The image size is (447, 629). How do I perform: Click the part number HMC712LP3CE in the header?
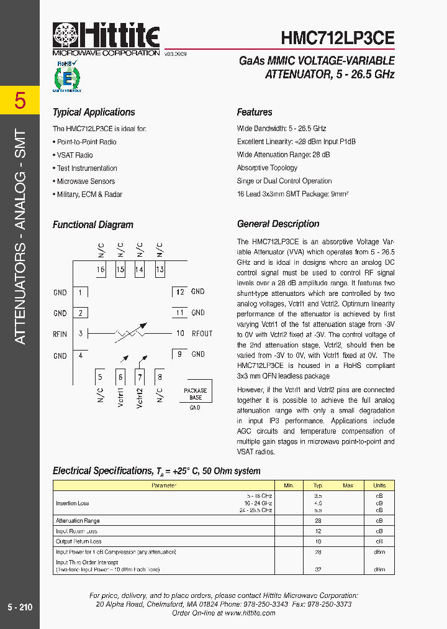tap(338, 38)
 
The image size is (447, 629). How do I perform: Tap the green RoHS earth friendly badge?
tap(66, 76)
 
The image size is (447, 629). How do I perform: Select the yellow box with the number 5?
tap(20, 100)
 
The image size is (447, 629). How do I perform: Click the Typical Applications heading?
tap(94, 112)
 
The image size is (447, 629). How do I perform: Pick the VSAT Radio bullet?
tap(74, 155)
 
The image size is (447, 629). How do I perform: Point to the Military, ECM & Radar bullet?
tap(88, 195)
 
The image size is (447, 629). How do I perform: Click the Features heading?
tap(255, 112)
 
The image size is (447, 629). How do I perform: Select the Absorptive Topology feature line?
tap(267, 168)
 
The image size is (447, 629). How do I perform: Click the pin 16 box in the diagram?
tap(101, 270)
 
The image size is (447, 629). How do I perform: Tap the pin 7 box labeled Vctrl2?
tap(140, 376)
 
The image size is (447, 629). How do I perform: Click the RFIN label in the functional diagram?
tap(60, 334)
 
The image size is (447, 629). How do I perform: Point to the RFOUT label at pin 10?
tap(202, 334)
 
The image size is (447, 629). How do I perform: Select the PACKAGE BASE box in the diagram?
tap(195, 394)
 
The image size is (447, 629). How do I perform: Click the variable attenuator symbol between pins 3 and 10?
tap(130, 334)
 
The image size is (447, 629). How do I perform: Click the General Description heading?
tap(278, 224)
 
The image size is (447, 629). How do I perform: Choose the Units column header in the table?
tap(379, 485)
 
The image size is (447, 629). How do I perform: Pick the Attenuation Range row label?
tap(78, 521)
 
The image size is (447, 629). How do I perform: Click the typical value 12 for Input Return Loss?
tap(318, 531)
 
